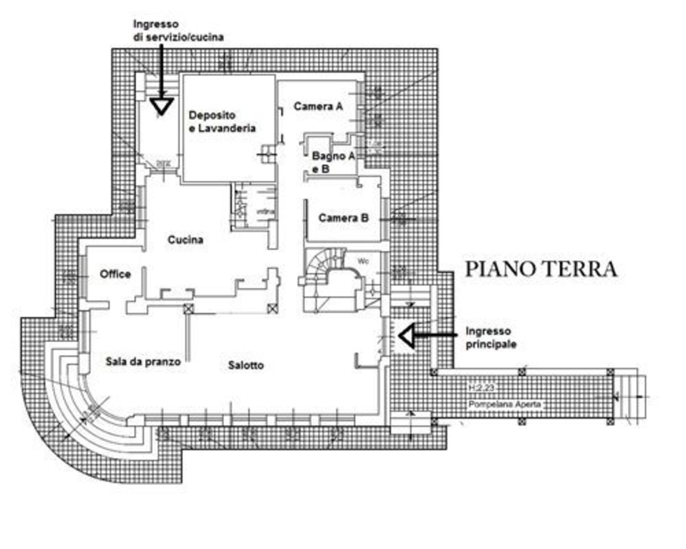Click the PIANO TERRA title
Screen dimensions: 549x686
coord(541,269)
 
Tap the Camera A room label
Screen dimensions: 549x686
coord(318,106)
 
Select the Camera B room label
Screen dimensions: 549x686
coord(343,218)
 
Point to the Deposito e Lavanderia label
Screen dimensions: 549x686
coord(222,122)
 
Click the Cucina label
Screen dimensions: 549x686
coord(185,239)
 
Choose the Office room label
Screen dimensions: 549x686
coord(115,274)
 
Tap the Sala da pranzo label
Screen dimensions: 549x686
coord(143,362)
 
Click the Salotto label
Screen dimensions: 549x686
coord(246,365)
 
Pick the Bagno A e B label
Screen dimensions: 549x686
coord(332,162)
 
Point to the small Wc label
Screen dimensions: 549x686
coord(363,261)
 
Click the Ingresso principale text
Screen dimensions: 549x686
coord(491,338)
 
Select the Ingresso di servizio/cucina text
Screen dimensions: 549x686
coord(178,31)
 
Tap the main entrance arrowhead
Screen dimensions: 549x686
coord(407,336)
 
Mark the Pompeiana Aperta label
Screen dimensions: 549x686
coord(504,405)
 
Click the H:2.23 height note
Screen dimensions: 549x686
coord(481,388)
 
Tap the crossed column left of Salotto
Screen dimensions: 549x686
coord(188,308)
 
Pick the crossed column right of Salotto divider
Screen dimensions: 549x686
coord(273,308)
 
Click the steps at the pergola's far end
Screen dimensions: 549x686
coord(631,397)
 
